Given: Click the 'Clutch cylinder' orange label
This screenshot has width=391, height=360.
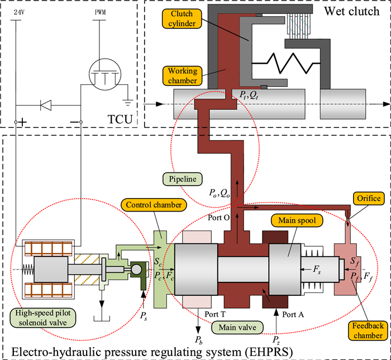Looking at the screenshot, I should point(183,18).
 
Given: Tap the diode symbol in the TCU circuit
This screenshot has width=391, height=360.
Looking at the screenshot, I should point(47,103).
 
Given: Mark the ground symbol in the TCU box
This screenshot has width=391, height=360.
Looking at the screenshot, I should point(128,103).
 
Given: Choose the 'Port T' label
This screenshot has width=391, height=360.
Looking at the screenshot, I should point(214,315).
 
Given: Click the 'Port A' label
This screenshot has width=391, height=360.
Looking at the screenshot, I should point(292,315).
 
